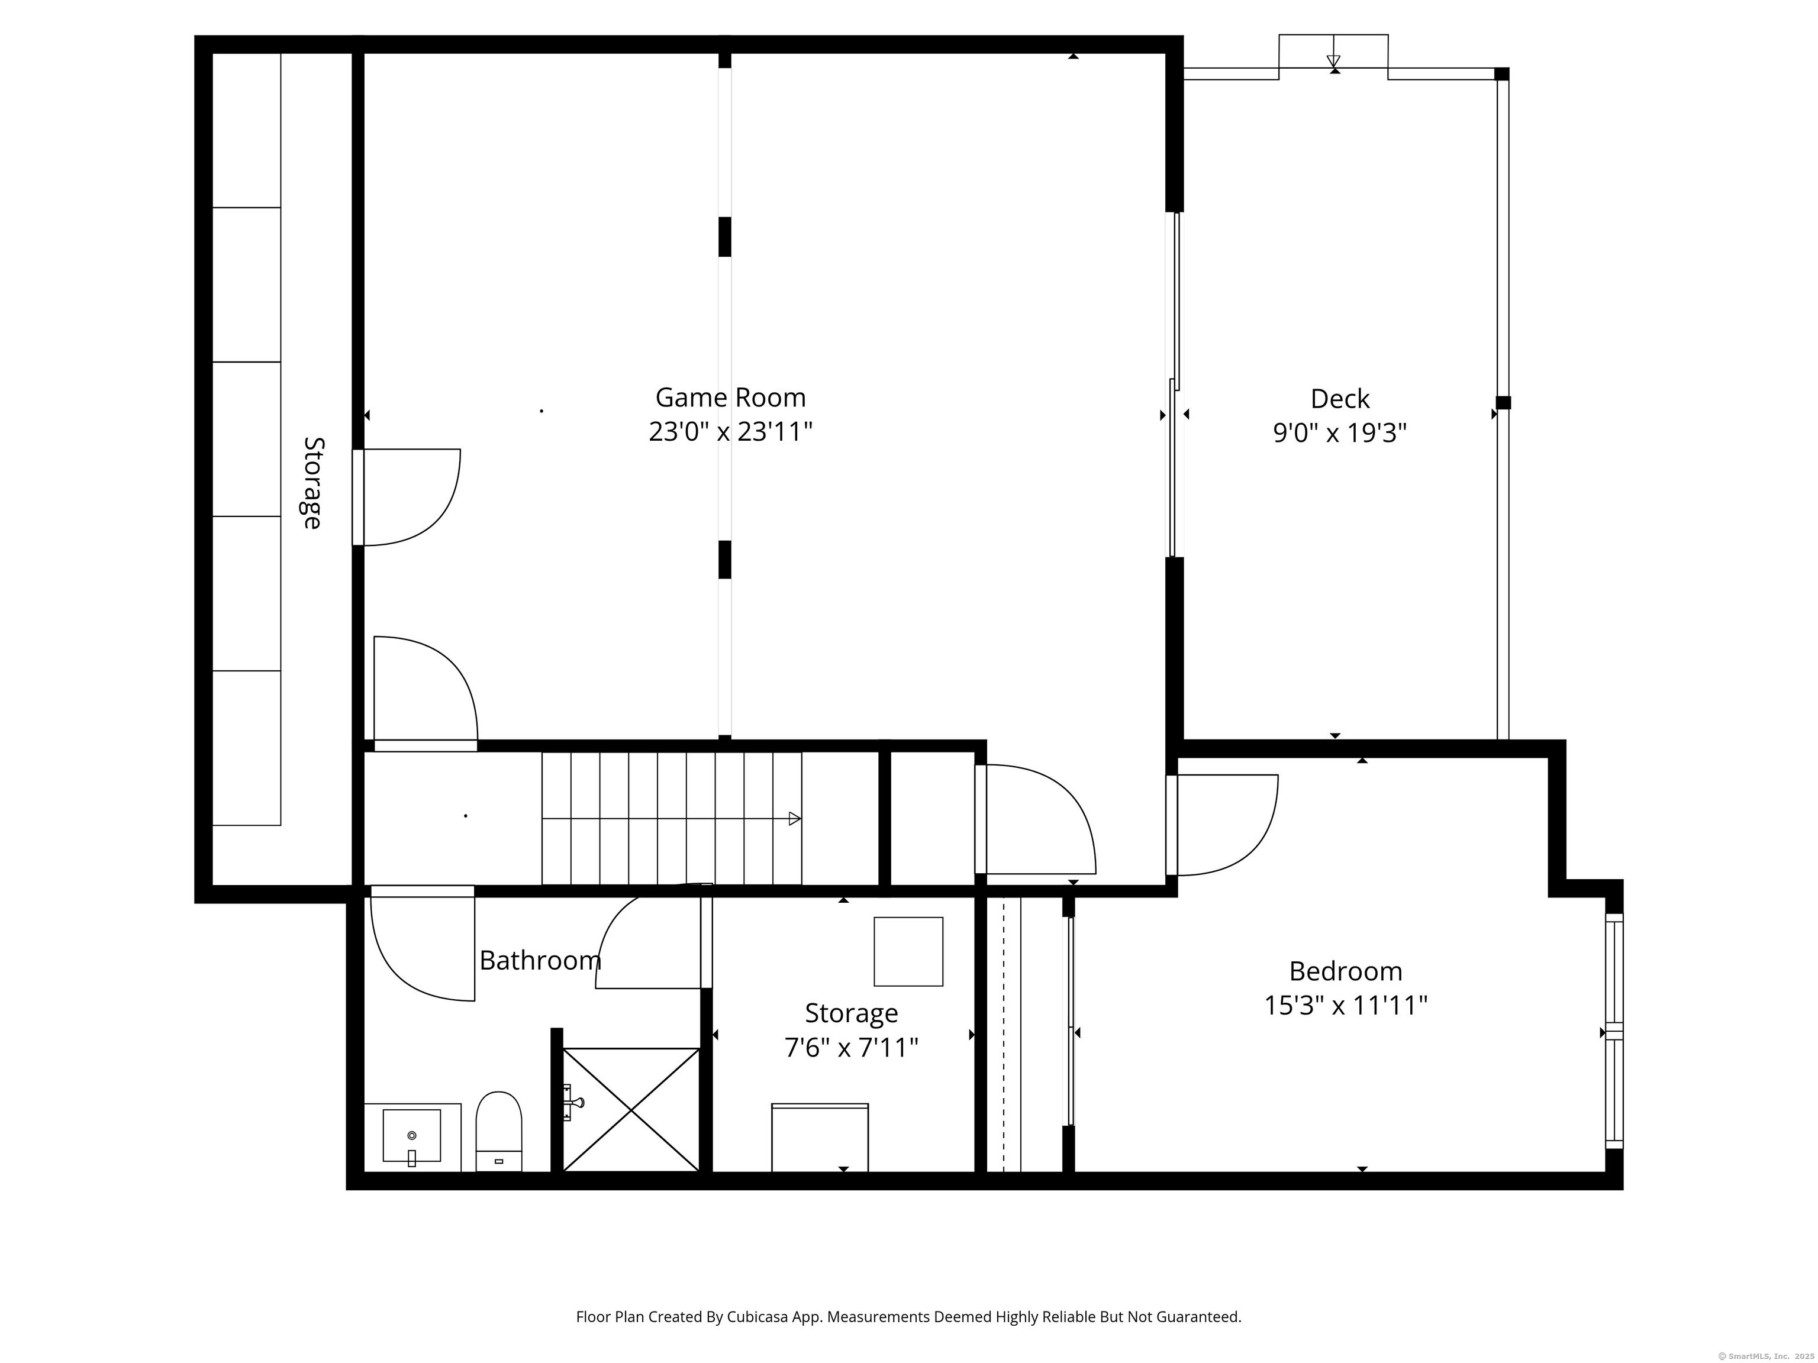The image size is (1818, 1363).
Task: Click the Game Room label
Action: [x=730, y=398]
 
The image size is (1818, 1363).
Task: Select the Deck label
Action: [x=1340, y=399]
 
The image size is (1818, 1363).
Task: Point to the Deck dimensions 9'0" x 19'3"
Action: [x=1340, y=433]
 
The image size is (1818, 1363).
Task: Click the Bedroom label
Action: [x=1345, y=971]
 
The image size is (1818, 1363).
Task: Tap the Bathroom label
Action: [x=540, y=960]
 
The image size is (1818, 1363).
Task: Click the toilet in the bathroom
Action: [x=499, y=1131]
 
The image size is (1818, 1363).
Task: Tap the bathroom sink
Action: [x=412, y=1137]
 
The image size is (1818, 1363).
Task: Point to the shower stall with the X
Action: [x=630, y=1109]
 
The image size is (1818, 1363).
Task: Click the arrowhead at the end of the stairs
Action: [x=795, y=818]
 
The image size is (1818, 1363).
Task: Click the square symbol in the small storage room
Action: [x=908, y=951]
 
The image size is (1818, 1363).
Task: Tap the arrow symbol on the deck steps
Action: [x=1333, y=61]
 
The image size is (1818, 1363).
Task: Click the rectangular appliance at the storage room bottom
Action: [x=820, y=1138]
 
